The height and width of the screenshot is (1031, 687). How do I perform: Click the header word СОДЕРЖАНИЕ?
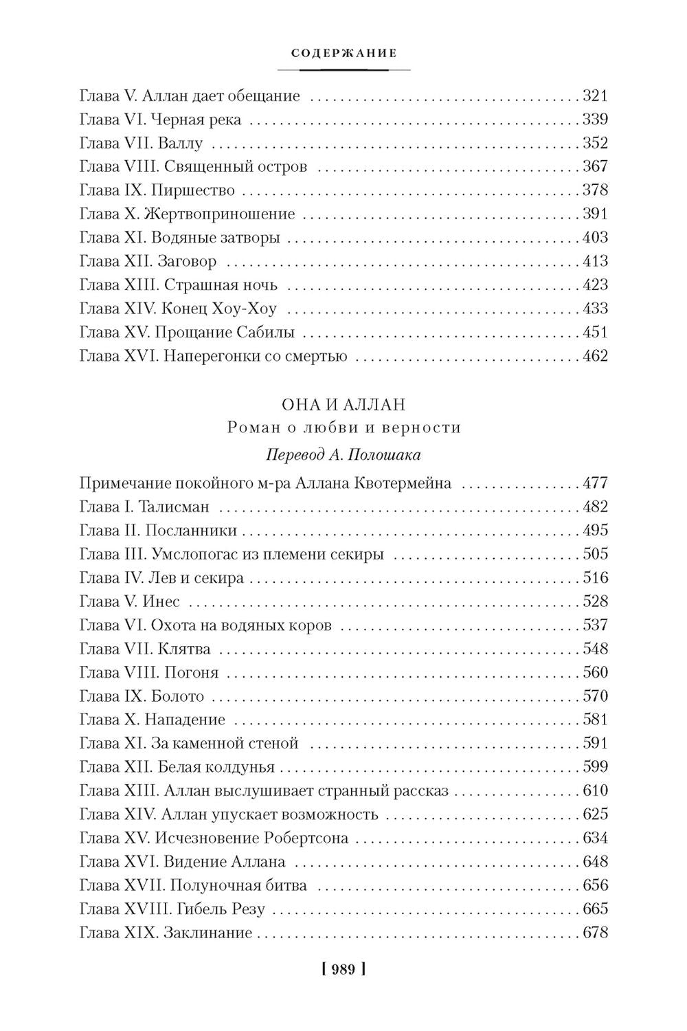pos(343,54)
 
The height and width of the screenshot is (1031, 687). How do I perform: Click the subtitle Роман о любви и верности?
pos(343,428)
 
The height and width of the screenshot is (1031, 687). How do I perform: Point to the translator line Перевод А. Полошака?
pos(343,455)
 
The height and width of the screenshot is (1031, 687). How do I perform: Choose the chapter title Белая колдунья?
pos(216,767)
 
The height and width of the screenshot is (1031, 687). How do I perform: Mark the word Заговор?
pos(187,262)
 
